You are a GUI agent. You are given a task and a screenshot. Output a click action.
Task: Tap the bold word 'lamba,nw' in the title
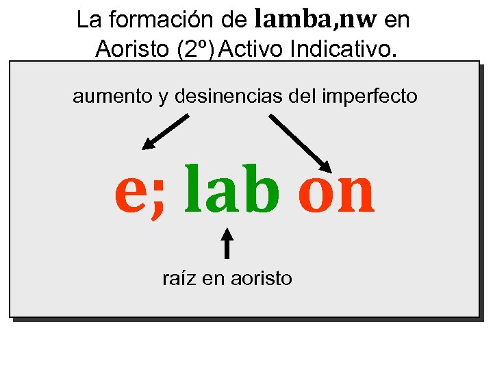point(316,20)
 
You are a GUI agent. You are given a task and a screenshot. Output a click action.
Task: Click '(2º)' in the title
point(198,49)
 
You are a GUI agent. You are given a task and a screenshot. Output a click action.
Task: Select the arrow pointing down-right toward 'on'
point(300,143)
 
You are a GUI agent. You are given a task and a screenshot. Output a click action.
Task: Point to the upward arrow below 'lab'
point(227,243)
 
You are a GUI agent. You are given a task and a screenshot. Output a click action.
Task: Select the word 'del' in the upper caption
point(301,97)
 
